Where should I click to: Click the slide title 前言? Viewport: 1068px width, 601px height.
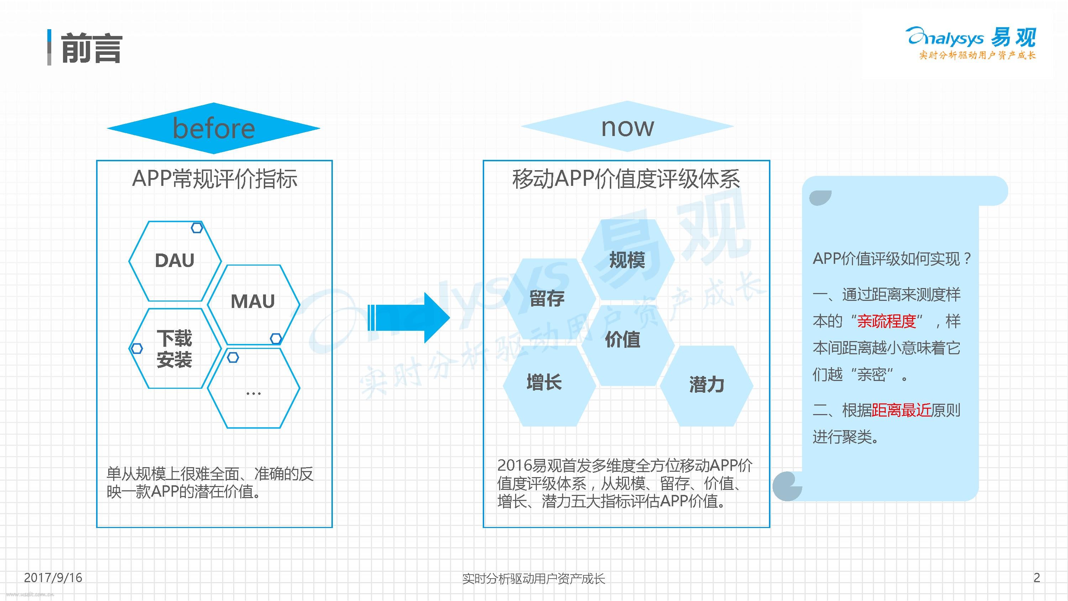[x=91, y=48]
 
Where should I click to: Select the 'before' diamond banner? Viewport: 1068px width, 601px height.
[x=214, y=128]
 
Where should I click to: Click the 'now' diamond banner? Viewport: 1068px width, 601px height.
[x=627, y=126]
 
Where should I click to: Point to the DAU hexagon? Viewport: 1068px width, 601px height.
[x=174, y=261]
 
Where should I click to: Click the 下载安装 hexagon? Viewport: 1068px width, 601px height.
[x=174, y=349]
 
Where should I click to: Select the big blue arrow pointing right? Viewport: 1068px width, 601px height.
[x=408, y=318]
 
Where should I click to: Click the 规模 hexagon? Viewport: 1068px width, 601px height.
[x=627, y=260]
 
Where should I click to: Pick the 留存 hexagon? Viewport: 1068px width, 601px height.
[x=547, y=299]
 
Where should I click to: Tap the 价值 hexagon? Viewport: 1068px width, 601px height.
[x=623, y=340]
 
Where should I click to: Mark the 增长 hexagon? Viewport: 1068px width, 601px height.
[x=544, y=382]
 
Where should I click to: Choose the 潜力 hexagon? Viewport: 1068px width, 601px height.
[x=706, y=385]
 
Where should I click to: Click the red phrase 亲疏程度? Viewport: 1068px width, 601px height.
[x=886, y=321]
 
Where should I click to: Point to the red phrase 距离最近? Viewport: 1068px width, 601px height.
[x=901, y=410]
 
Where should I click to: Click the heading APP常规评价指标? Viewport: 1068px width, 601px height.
[x=214, y=179]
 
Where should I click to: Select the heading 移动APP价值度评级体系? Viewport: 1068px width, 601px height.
[x=626, y=179]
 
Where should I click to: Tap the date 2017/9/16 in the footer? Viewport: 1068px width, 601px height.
[x=53, y=578]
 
